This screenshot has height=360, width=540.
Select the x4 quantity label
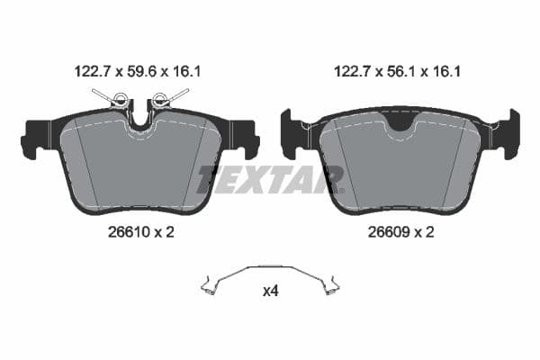(x=270, y=291)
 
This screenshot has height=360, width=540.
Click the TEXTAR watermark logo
(x=270, y=179)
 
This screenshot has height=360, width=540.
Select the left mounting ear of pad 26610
(x=35, y=136)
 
